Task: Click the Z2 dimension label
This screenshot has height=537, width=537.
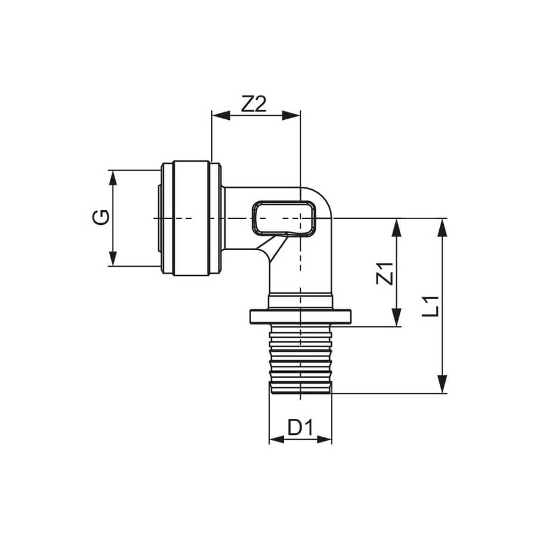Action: coord(254,104)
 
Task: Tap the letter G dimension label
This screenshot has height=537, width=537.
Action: coord(101,217)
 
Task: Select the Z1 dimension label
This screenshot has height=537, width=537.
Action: coord(385,273)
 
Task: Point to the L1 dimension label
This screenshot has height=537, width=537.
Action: coord(430,306)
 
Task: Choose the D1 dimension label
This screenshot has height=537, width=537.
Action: coord(300,427)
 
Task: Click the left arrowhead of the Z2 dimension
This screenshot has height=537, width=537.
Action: coord(221,115)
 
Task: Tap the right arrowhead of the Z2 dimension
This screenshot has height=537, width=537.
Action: coord(291,115)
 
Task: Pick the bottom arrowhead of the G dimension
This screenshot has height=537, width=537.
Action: coord(113,258)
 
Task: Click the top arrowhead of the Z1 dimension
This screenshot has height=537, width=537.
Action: coord(396,227)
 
